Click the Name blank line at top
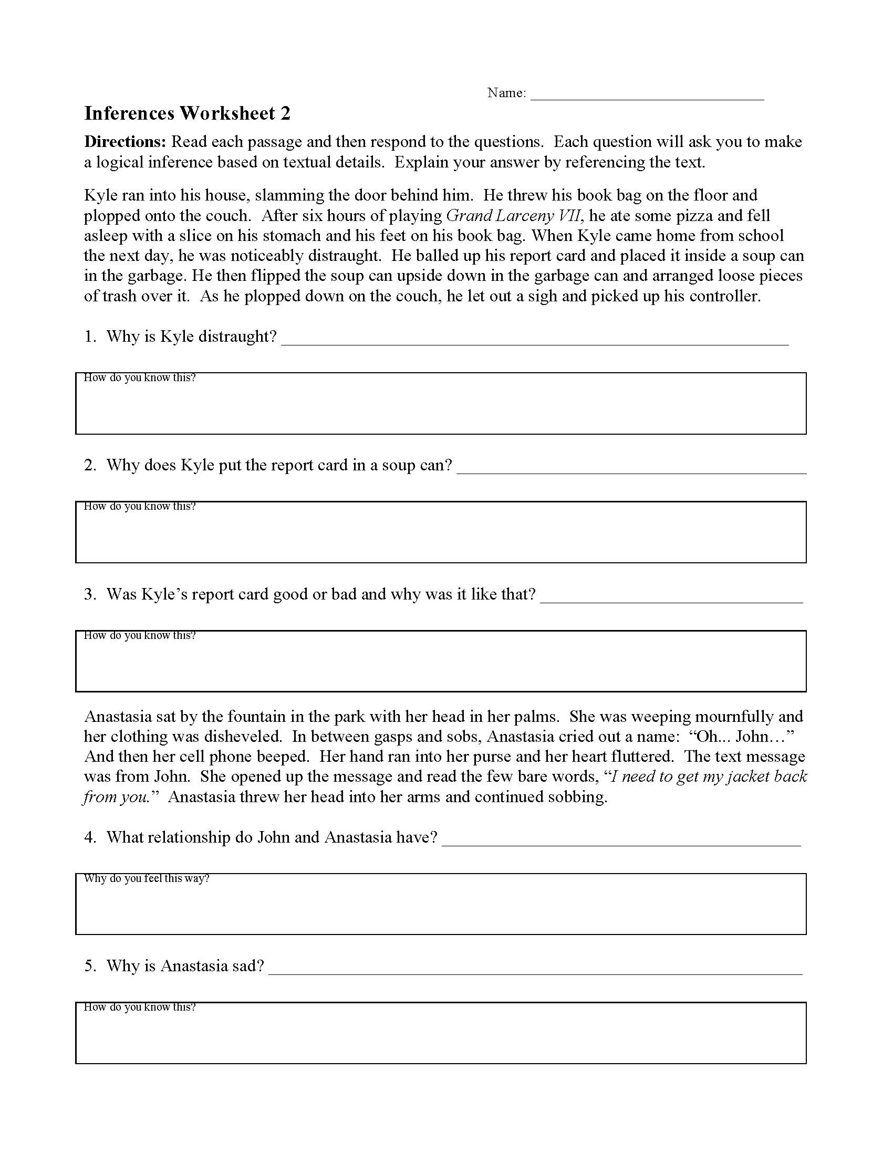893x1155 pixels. [647, 95]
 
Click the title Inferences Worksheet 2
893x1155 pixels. [188, 114]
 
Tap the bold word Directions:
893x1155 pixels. [126, 142]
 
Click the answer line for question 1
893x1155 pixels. [534, 339]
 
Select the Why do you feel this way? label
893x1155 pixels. [147, 878]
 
